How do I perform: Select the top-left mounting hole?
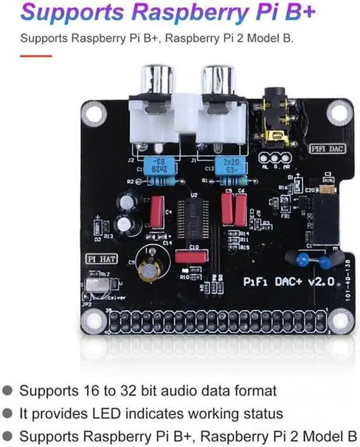coord(91,112)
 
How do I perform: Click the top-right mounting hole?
coord(337,112)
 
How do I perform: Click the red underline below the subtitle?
coord(35,56)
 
